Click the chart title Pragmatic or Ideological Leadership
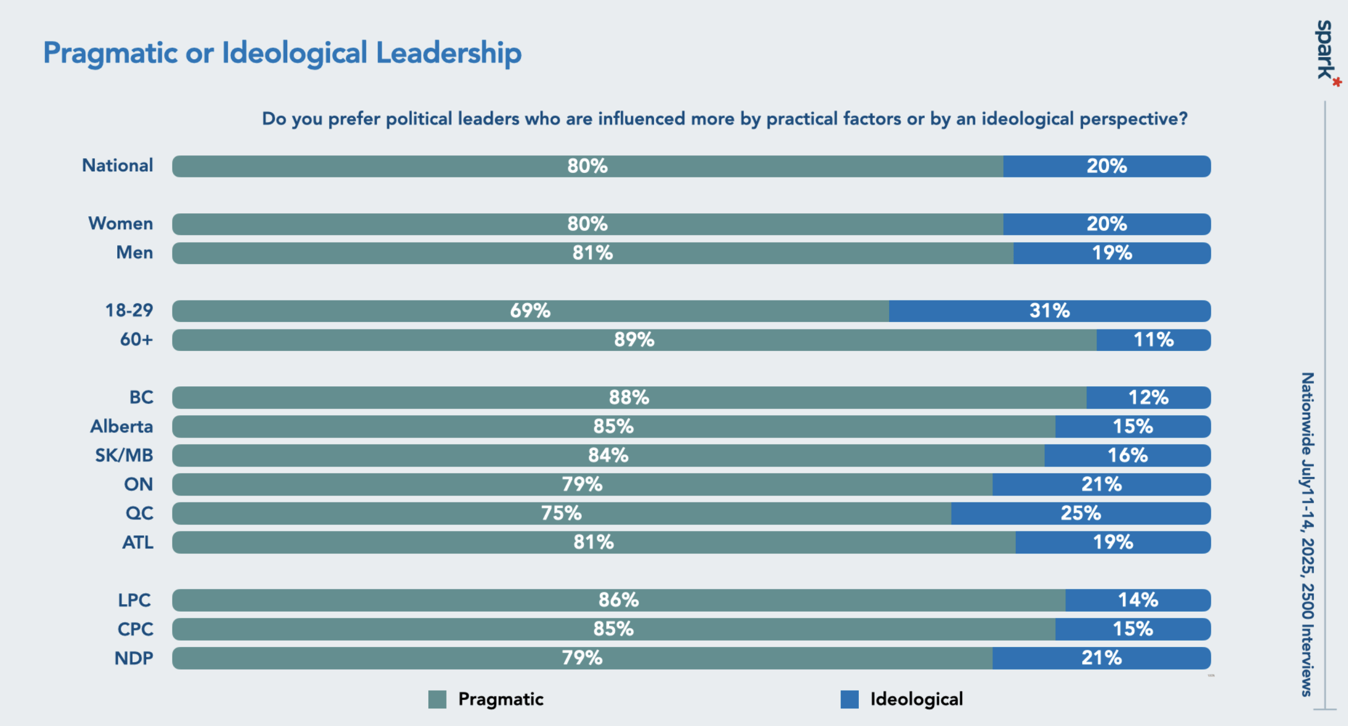point(282,53)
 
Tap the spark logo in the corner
point(1326,51)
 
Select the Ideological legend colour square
point(849,699)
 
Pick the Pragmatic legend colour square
point(437,699)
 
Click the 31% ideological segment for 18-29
point(1049,311)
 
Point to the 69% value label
point(530,311)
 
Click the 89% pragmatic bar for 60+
point(634,340)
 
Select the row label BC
point(141,397)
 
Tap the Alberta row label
point(122,426)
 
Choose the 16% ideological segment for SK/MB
point(1127,455)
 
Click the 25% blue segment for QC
point(1081,513)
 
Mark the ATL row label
point(138,542)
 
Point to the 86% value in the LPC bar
point(618,600)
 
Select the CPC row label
point(135,629)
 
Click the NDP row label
point(134,658)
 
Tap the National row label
point(118,166)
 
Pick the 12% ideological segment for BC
point(1148,397)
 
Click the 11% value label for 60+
point(1153,340)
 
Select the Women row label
point(121,224)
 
